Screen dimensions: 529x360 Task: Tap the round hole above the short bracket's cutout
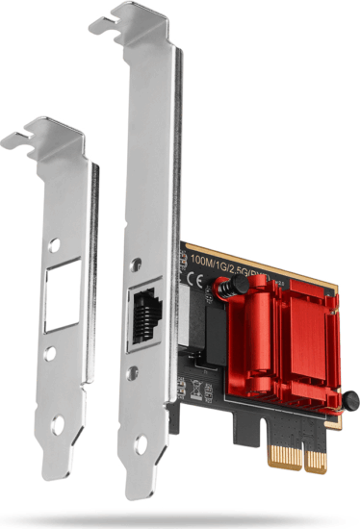[x=60, y=244]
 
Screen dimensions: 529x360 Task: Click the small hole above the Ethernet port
[x=143, y=261]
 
